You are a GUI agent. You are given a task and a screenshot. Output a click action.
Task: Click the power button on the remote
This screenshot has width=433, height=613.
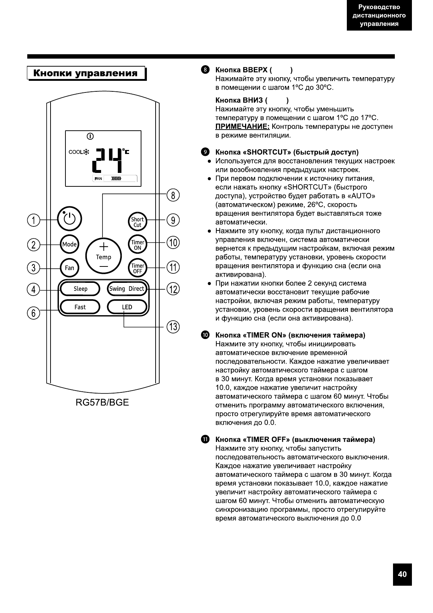click(69, 219)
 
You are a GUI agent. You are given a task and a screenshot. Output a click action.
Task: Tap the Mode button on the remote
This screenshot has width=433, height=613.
click(69, 244)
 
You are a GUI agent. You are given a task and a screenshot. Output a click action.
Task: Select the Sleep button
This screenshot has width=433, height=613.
click(80, 289)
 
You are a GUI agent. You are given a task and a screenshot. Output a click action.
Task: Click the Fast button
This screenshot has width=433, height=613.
click(80, 307)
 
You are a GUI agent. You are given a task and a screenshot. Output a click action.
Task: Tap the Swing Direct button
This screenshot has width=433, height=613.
click(127, 289)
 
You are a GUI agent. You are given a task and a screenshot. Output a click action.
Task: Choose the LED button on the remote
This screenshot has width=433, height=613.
click(127, 307)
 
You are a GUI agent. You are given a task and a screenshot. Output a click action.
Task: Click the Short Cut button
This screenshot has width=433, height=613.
click(137, 222)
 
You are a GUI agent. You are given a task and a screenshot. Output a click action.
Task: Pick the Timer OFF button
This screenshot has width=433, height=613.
click(137, 268)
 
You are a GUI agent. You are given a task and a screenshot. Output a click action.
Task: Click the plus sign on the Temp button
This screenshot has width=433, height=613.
click(104, 246)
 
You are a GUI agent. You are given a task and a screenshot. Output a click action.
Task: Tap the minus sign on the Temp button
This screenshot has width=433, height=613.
click(104, 267)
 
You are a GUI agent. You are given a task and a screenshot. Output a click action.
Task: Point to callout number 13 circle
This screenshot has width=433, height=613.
click(173, 327)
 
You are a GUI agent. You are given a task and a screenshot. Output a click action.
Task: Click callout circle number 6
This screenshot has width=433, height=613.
click(33, 312)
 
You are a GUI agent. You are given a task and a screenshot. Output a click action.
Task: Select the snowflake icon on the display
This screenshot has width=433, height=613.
click(87, 152)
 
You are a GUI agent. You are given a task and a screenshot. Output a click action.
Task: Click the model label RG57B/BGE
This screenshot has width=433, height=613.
click(102, 403)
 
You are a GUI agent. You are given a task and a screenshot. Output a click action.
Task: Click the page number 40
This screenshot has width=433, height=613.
click(402, 574)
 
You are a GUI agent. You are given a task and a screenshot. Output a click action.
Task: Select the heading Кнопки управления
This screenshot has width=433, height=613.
click(86, 73)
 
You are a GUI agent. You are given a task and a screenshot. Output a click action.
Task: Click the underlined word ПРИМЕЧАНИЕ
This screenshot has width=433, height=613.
click(242, 127)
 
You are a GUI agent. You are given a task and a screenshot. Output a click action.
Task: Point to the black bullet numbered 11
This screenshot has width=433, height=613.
click(205, 439)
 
